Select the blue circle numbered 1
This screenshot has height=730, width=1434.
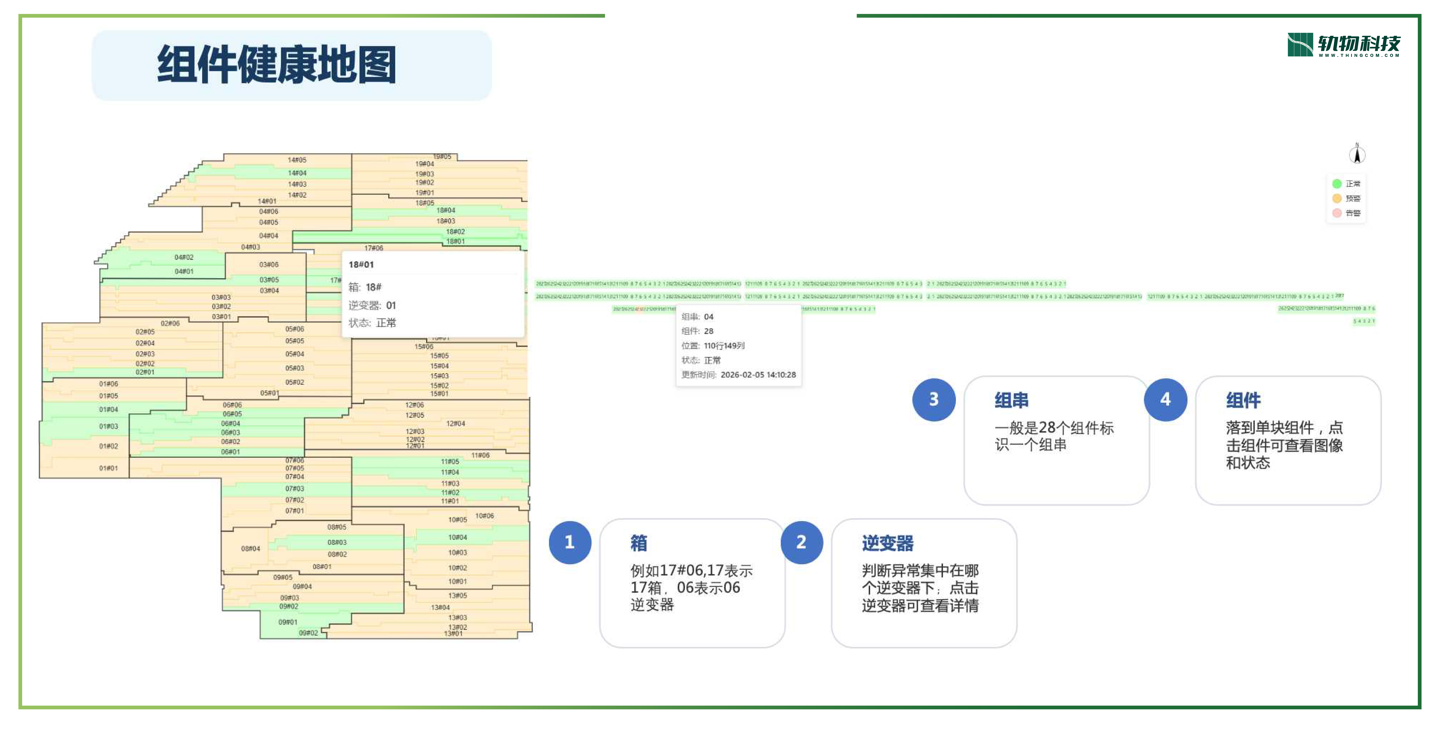569,542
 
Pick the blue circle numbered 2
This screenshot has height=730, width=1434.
801,542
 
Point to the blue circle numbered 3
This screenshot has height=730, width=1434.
934,399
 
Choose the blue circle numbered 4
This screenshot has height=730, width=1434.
1165,399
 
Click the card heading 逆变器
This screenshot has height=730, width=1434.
887,543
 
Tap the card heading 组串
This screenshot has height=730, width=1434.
1011,400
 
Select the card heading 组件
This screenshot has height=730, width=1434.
1243,400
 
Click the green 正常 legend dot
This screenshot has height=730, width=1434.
1337,184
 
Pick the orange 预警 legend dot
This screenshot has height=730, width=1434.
1337,198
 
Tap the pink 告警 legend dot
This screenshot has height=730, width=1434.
1337,213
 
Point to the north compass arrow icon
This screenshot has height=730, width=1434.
1357,154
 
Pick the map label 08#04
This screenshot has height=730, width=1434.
250,549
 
